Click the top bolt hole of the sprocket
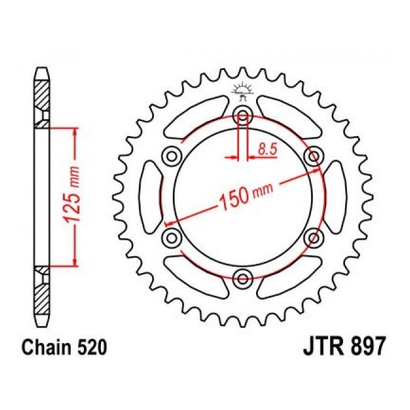(243, 115)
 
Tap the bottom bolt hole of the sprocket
(243, 276)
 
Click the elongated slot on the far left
(149, 196)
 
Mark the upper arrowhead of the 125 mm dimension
(76, 131)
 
